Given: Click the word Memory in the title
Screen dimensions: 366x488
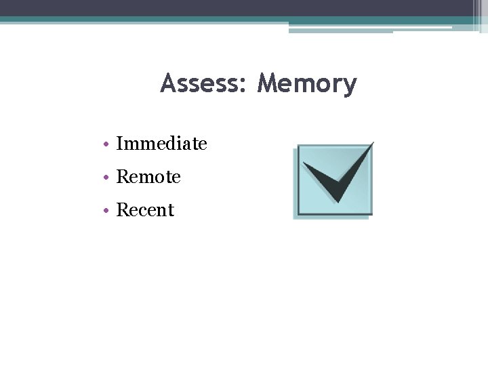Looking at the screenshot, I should [x=307, y=85].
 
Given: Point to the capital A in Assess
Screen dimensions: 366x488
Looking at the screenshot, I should [x=168, y=83].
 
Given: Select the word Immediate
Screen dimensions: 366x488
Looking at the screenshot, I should [x=161, y=144].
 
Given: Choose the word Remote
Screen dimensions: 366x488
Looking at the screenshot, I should [x=148, y=177].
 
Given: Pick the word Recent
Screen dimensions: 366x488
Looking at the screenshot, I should [x=145, y=210].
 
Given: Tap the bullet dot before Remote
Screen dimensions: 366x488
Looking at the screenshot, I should [x=108, y=178].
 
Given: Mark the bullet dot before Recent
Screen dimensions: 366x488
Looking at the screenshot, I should [x=108, y=211].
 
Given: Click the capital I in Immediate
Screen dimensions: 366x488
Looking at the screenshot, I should [x=119, y=144].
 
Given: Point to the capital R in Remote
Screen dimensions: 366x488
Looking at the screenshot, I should [x=122, y=177].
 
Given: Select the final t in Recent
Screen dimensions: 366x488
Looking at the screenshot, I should [x=171, y=211].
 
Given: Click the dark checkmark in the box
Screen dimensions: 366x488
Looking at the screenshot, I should [x=336, y=180].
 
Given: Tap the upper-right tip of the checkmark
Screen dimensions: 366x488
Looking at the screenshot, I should [x=372, y=143].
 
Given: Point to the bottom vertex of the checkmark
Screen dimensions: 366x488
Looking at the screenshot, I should [x=335, y=201].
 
